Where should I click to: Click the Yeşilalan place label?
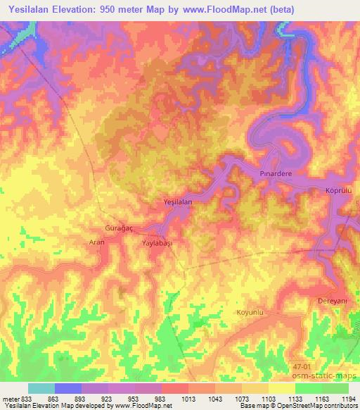pyautogui.click(x=177, y=202)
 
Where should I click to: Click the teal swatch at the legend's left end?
pyautogui.click(x=41, y=388)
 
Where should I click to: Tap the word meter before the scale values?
pyautogui.click(x=11, y=399)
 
